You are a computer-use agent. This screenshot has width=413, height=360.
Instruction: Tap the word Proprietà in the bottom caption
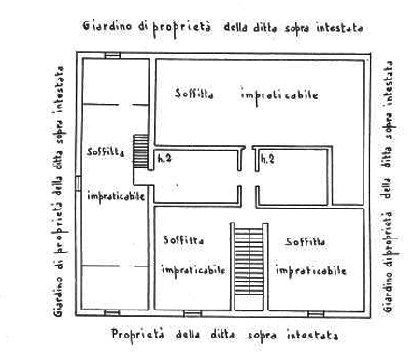[x=137, y=336]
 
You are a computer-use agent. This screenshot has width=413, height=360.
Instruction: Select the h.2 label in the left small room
[x=164, y=158]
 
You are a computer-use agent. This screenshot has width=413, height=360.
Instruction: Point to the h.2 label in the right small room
[x=267, y=159]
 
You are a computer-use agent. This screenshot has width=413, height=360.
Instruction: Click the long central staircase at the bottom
[x=249, y=261]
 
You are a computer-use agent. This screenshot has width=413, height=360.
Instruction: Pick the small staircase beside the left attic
[x=140, y=151]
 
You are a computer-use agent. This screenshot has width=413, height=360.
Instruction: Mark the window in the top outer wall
[x=112, y=55]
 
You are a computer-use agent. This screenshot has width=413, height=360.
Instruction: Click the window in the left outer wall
[x=78, y=182]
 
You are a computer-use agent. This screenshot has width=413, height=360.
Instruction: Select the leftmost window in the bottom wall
[x=112, y=312]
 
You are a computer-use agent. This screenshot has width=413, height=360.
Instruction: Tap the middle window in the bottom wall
[x=192, y=313]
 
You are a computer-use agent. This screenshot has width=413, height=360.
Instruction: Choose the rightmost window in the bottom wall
[x=316, y=313]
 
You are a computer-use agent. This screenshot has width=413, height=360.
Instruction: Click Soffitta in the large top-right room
[x=194, y=94]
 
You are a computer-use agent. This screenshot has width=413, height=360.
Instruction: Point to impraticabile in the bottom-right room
[x=310, y=270]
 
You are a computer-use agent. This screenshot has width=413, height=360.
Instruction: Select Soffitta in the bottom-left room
[x=184, y=240]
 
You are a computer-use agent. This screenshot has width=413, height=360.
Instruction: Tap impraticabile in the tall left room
[x=116, y=196]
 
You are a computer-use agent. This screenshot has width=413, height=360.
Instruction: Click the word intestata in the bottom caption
[x=312, y=336]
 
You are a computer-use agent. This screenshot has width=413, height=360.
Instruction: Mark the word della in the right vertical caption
[x=386, y=188]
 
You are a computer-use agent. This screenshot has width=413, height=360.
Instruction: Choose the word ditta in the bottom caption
[x=222, y=335]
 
